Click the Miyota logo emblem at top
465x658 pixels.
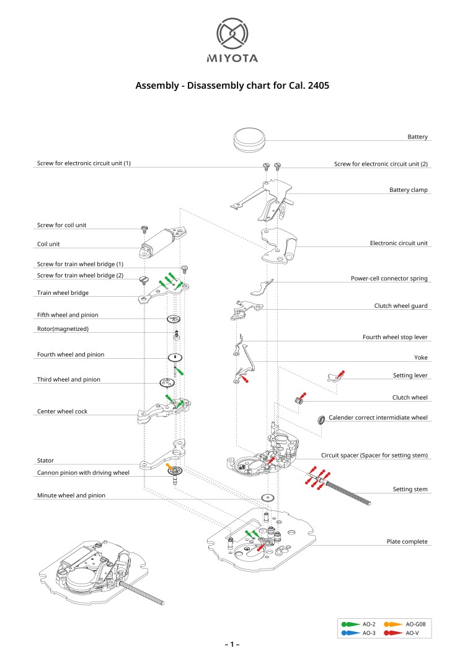[x=232, y=34]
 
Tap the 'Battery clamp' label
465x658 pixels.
[x=408, y=189]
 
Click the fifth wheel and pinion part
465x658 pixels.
[x=174, y=319]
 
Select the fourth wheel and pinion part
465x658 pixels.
[x=175, y=358]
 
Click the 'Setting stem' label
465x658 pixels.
[x=411, y=489]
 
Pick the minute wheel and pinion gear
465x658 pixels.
[x=268, y=498]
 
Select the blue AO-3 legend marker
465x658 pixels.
[x=349, y=633]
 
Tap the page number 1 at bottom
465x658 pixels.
[x=232, y=645]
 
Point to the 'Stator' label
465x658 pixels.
[x=45, y=461]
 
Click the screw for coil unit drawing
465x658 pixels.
[x=144, y=229]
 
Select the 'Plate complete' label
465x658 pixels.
[x=407, y=541]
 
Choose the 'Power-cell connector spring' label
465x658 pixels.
[x=389, y=279]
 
